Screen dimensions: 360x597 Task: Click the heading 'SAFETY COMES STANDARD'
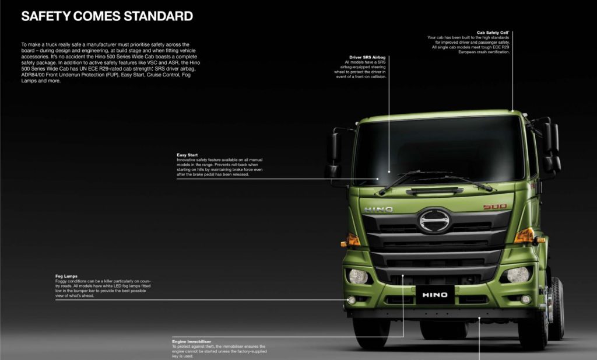click(107, 16)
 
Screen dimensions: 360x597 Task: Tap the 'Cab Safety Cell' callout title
click(493, 33)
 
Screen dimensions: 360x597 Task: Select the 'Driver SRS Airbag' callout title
click(366, 57)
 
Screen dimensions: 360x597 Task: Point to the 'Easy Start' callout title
click(187, 155)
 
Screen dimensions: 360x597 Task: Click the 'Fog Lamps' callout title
click(66, 276)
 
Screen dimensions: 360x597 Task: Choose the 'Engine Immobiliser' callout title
click(191, 341)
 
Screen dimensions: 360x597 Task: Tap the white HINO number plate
click(435, 294)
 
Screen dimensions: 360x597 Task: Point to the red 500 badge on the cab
click(494, 207)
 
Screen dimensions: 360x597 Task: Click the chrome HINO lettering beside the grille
click(378, 209)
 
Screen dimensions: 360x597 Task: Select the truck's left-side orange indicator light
click(352, 239)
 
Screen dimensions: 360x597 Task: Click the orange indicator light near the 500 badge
click(525, 235)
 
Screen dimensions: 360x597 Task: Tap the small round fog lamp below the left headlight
click(352, 300)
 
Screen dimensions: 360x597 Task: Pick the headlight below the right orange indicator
click(518, 274)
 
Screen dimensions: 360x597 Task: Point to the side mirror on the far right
click(552, 146)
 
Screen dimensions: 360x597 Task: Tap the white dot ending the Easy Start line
click(378, 179)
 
